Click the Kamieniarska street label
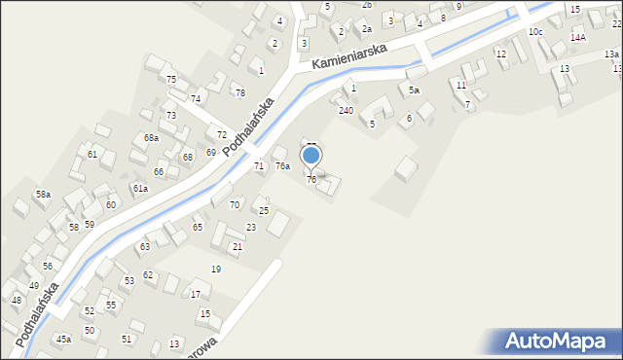[350, 57]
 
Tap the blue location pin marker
[311, 156]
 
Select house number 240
[346, 110]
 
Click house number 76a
[282, 166]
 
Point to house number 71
[259, 166]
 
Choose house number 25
[263, 210]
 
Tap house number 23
[250, 227]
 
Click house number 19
[216, 269]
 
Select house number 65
[198, 227]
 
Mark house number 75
[171, 79]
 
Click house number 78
[239, 92]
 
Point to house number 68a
[151, 138]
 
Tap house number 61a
[140, 188]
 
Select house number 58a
[43, 195]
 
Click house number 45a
[63, 339]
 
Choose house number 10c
[535, 32]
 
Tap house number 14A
[578, 37]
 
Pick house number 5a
[414, 90]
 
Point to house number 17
[195, 294]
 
